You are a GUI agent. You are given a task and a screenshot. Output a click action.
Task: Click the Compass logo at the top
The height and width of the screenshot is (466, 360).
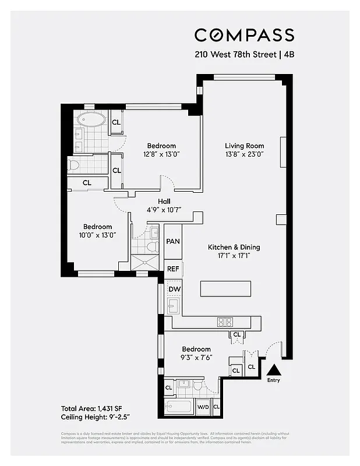244,35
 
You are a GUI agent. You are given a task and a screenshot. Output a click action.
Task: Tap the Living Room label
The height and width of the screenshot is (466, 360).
245,146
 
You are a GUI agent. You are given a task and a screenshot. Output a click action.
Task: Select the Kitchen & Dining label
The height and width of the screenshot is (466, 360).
234,248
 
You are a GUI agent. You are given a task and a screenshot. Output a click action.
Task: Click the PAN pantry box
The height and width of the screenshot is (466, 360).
173,242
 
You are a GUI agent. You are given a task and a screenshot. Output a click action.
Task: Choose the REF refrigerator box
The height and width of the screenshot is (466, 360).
173,269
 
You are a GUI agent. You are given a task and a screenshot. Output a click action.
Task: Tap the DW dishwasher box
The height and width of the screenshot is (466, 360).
174,290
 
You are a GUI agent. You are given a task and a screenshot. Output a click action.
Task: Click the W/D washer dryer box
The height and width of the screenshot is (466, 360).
203,407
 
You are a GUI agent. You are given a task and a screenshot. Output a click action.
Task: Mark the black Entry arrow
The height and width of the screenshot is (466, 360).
274,369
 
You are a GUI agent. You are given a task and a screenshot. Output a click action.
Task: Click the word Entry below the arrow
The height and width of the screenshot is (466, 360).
274,380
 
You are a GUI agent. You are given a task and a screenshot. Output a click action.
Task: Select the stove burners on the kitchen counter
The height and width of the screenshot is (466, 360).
225,322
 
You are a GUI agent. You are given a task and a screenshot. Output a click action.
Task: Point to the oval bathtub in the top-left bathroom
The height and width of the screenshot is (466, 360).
91,121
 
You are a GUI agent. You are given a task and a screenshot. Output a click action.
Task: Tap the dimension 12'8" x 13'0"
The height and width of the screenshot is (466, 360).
161,154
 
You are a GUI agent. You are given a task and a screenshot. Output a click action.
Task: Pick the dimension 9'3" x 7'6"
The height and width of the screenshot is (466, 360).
196,358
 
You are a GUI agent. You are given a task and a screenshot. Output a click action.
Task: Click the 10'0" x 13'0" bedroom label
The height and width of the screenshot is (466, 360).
97,235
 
